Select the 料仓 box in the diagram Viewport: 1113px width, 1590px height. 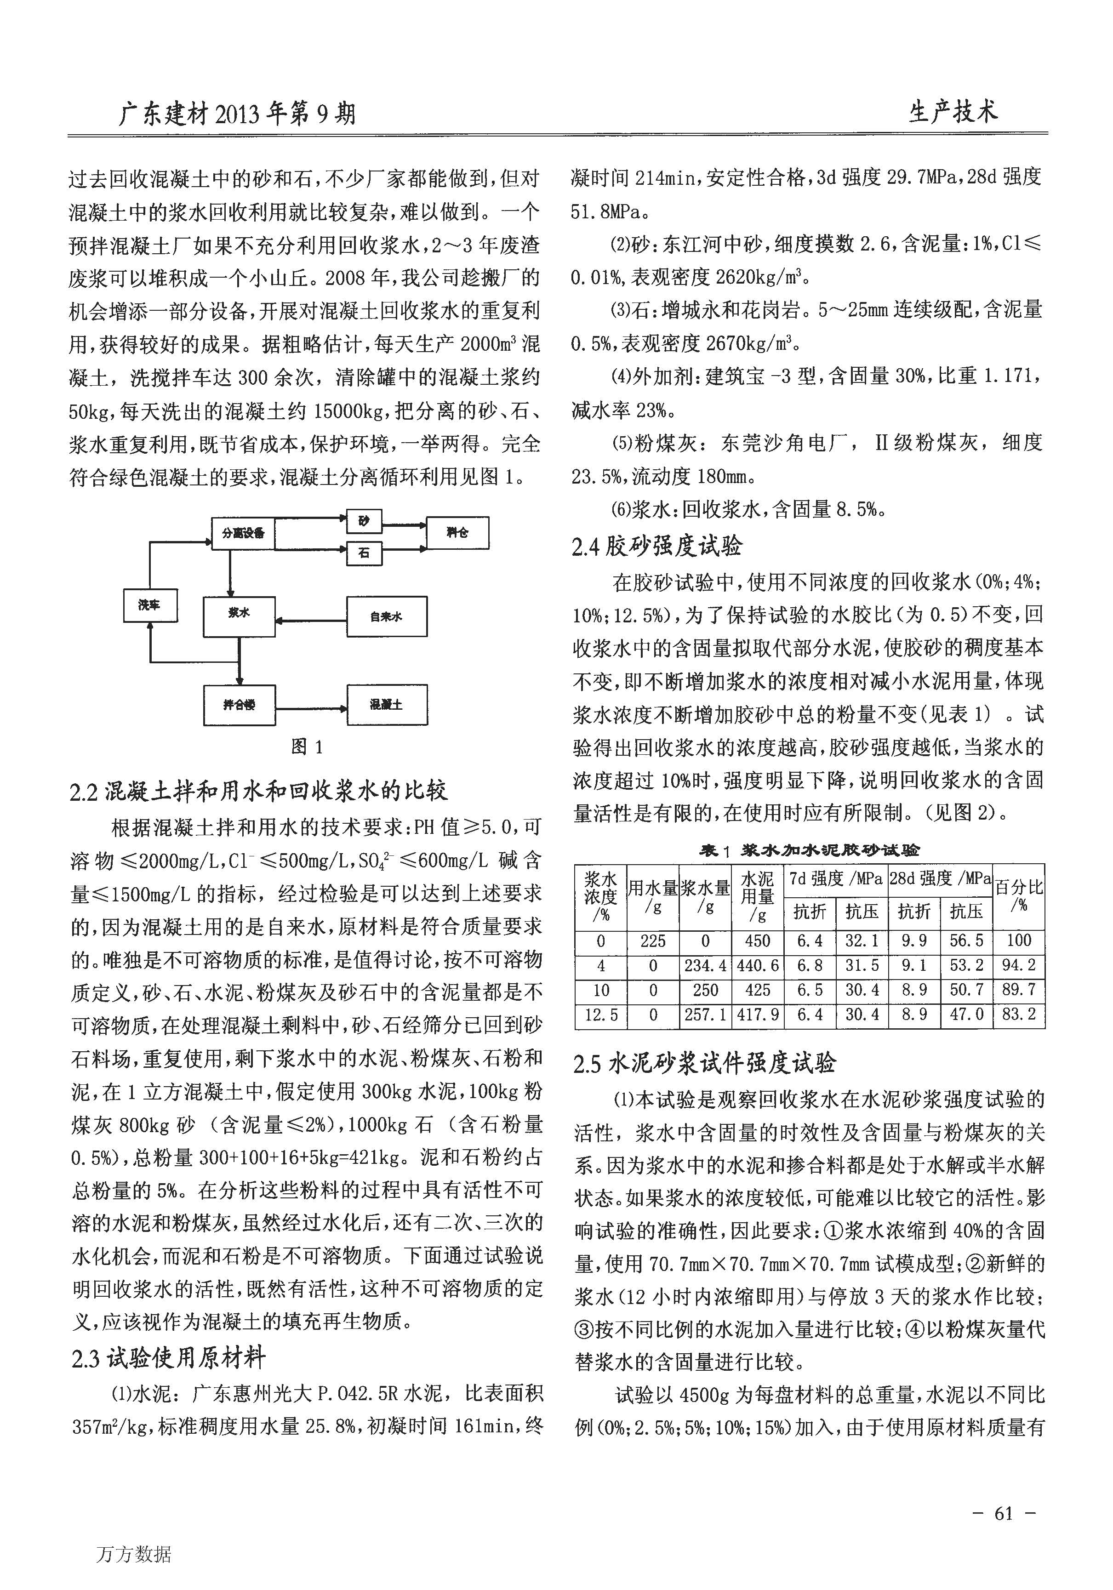457,533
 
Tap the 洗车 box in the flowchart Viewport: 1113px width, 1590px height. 149,605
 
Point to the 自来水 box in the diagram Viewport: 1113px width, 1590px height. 387,616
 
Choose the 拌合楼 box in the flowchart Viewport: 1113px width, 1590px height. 239,705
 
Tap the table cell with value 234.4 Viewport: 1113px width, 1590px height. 705,965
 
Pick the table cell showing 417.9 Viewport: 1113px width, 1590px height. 758,1015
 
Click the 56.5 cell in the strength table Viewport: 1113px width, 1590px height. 966,940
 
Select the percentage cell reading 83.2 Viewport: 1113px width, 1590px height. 1019,1015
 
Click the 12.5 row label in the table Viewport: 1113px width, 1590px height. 600,1015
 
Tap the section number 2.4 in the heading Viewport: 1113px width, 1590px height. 585,547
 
